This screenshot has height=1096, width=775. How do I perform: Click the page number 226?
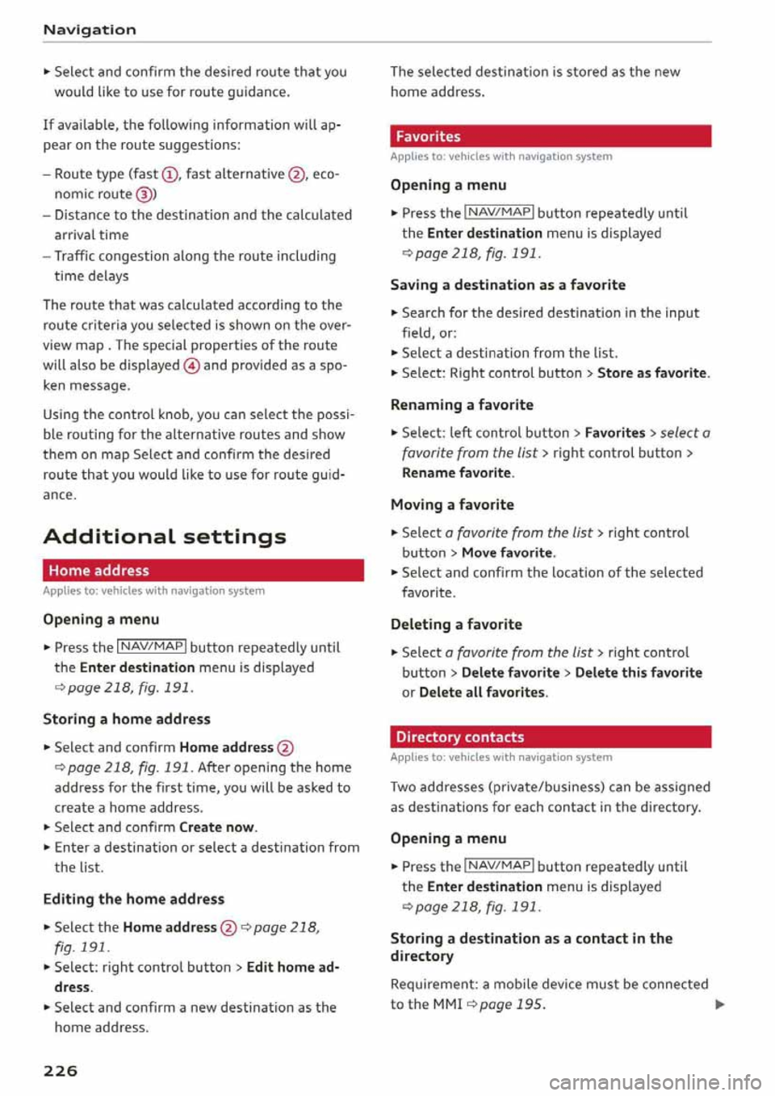pyautogui.click(x=61, y=1070)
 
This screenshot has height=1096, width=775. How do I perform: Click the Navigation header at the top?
pyautogui.click(x=90, y=30)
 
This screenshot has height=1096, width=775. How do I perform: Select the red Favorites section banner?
pyautogui.click(x=551, y=136)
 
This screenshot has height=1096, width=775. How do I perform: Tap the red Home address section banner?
pyautogui.click(x=203, y=571)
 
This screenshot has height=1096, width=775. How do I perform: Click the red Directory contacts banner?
pyautogui.click(x=551, y=737)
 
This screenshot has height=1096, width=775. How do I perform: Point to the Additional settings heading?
pyautogui.click(x=165, y=536)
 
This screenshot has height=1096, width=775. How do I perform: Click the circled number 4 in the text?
pyautogui.click(x=191, y=366)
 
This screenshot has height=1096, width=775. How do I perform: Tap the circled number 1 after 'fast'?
pyautogui.click(x=169, y=174)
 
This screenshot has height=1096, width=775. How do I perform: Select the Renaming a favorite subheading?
pyautogui.click(x=462, y=404)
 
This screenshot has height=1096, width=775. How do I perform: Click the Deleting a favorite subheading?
pyautogui.click(x=456, y=624)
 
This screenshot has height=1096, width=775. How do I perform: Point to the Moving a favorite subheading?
pyautogui.click(x=452, y=504)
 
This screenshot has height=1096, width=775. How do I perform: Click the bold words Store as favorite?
pyautogui.click(x=651, y=373)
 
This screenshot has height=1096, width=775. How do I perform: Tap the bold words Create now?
pyautogui.click(x=216, y=827)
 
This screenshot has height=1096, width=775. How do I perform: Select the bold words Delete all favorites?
pyautogui.click(x=482, y=692)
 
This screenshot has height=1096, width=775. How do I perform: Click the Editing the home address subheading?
pyautogui.click(x=134, y=898)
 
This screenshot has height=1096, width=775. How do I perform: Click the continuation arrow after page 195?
pyautogui.click(x=720, y=1005)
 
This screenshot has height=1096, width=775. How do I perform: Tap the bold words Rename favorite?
pyautogui.click(x=456, y=473)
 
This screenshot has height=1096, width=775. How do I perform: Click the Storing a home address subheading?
pyautogui.click(x=127, y=718)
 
